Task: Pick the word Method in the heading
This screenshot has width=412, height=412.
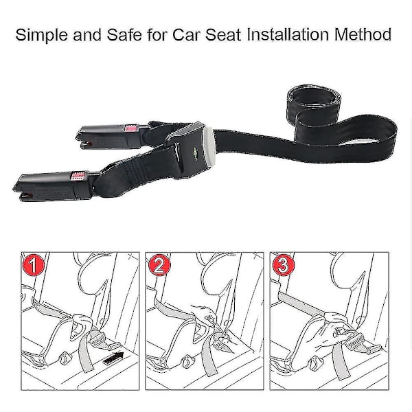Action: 363,34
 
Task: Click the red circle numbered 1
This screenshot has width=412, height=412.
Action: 34,265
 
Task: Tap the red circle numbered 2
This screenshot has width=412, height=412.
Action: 160,265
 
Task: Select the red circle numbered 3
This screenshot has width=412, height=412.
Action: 284,265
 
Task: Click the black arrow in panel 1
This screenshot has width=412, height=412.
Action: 113,358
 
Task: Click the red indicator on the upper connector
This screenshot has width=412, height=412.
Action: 131,128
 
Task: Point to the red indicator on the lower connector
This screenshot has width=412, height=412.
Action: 78,176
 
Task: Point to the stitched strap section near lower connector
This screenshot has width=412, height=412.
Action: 135,166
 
